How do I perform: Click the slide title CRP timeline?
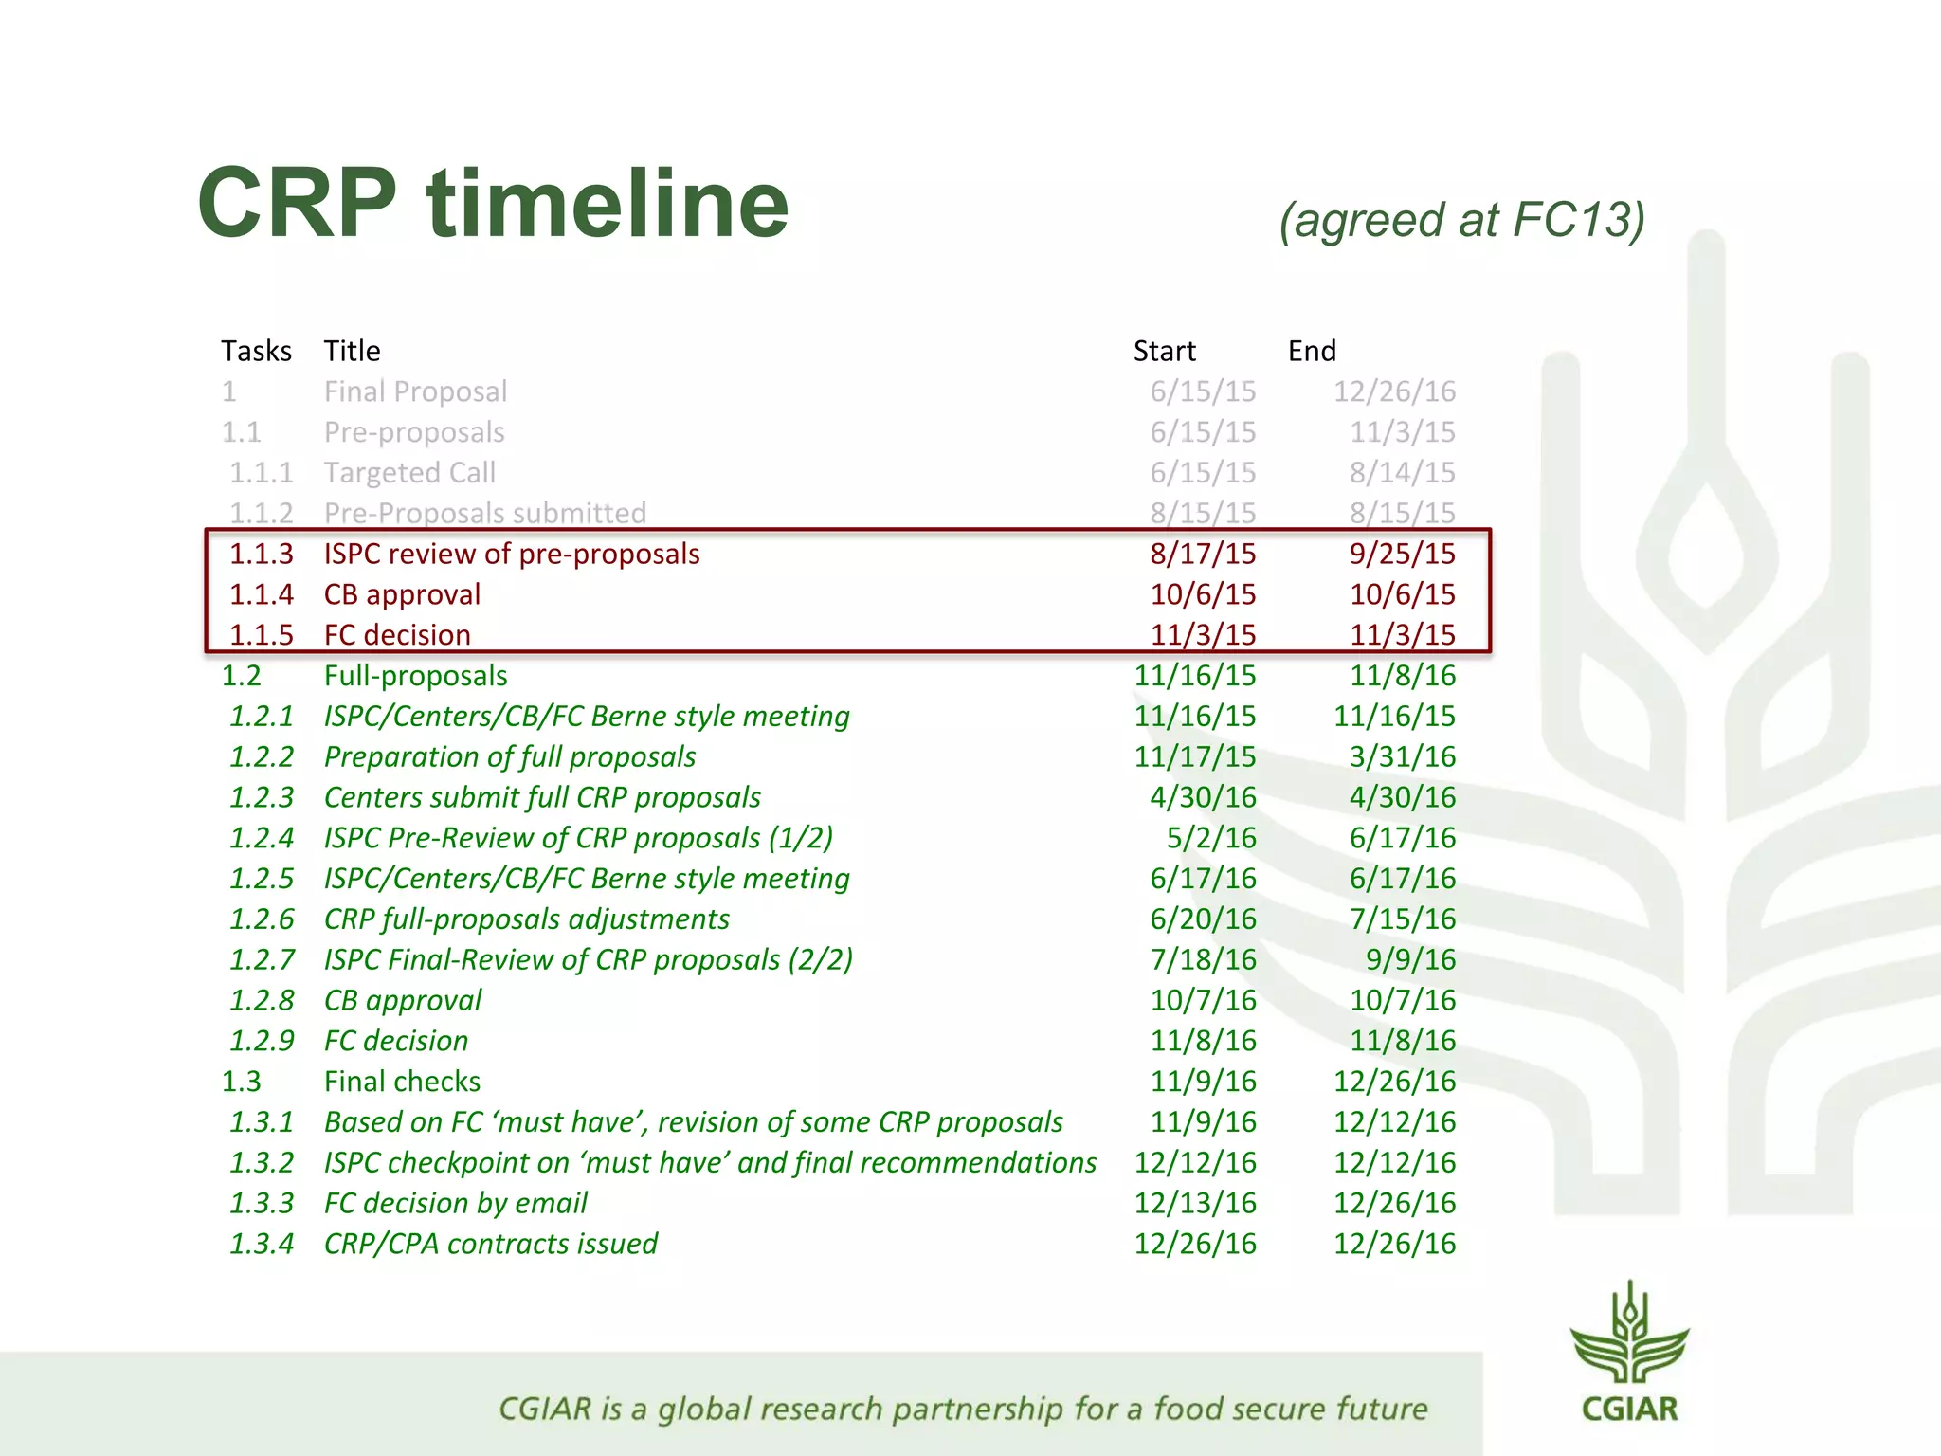click(493, 204)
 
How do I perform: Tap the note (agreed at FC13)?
click(1461, 220)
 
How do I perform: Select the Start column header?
click(1164, 351)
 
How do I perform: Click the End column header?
click(1312, 351)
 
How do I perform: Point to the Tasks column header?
click(256, 351)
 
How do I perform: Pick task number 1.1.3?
click(262, 554)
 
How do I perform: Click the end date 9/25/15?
click(1402, 554)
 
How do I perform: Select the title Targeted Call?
click(409, 472)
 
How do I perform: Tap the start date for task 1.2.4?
click(1210, 838)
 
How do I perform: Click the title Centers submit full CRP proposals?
click(542, 797)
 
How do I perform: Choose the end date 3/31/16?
click(1402, 756)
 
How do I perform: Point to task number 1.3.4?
click(262, 1244)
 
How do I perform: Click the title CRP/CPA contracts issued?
click(490, 1244)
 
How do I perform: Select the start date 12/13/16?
click(1195, 1203)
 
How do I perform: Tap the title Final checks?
click(402, 1082)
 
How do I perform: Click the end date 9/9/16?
click(1409, 959)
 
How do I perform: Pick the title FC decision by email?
click(455, 1203)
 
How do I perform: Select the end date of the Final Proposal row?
click(1394, 391)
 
